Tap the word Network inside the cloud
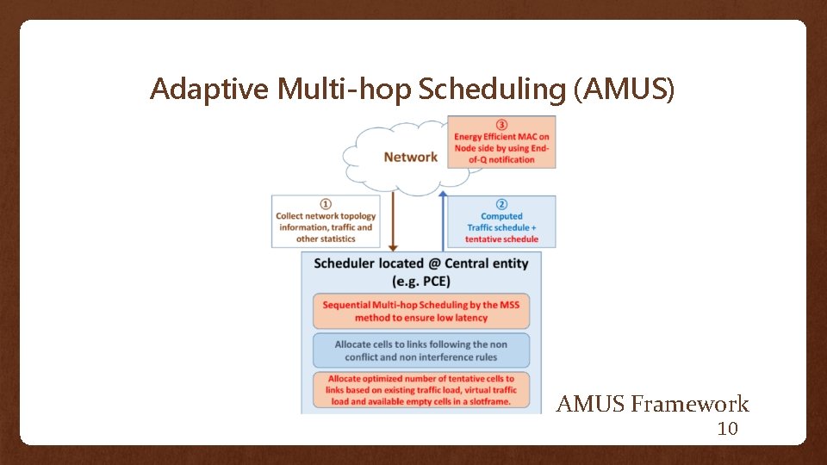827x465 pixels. coord(410,157)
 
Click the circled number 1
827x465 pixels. coord(326,203)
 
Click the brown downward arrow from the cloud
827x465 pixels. coord(392,220)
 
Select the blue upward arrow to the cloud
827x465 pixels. coord(443,220)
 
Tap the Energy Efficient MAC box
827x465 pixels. coord(501,147)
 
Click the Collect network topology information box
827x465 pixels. coord(326,226)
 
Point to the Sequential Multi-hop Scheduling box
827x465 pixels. coord(421,311)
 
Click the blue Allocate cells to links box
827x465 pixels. coord(421,350)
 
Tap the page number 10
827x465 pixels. coord(728,429)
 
